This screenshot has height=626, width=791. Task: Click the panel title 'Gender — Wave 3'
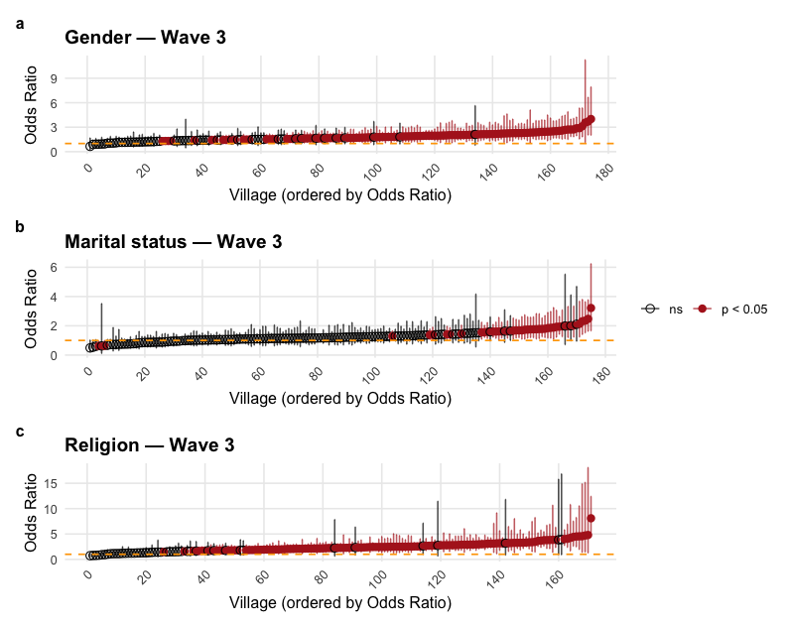pyautogui.click(x=145, y=39)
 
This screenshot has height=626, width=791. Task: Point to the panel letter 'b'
pyautogui.click(x=20, y=226)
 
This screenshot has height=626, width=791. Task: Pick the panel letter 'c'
pyautogui.click(x=20, y=431)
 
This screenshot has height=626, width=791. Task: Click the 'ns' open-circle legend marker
pyautogui.click(x=651, y=310)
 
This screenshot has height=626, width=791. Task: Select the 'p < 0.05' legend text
pyautogui.click(x=743, y=310)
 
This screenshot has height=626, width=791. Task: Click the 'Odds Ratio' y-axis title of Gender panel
pyautogui.click(x=32, y=105)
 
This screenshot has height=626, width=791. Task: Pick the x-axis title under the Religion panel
pyautogui.click(x=340, y=602)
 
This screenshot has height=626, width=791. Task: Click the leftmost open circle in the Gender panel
pyautogui.click(x=90, y=145)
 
